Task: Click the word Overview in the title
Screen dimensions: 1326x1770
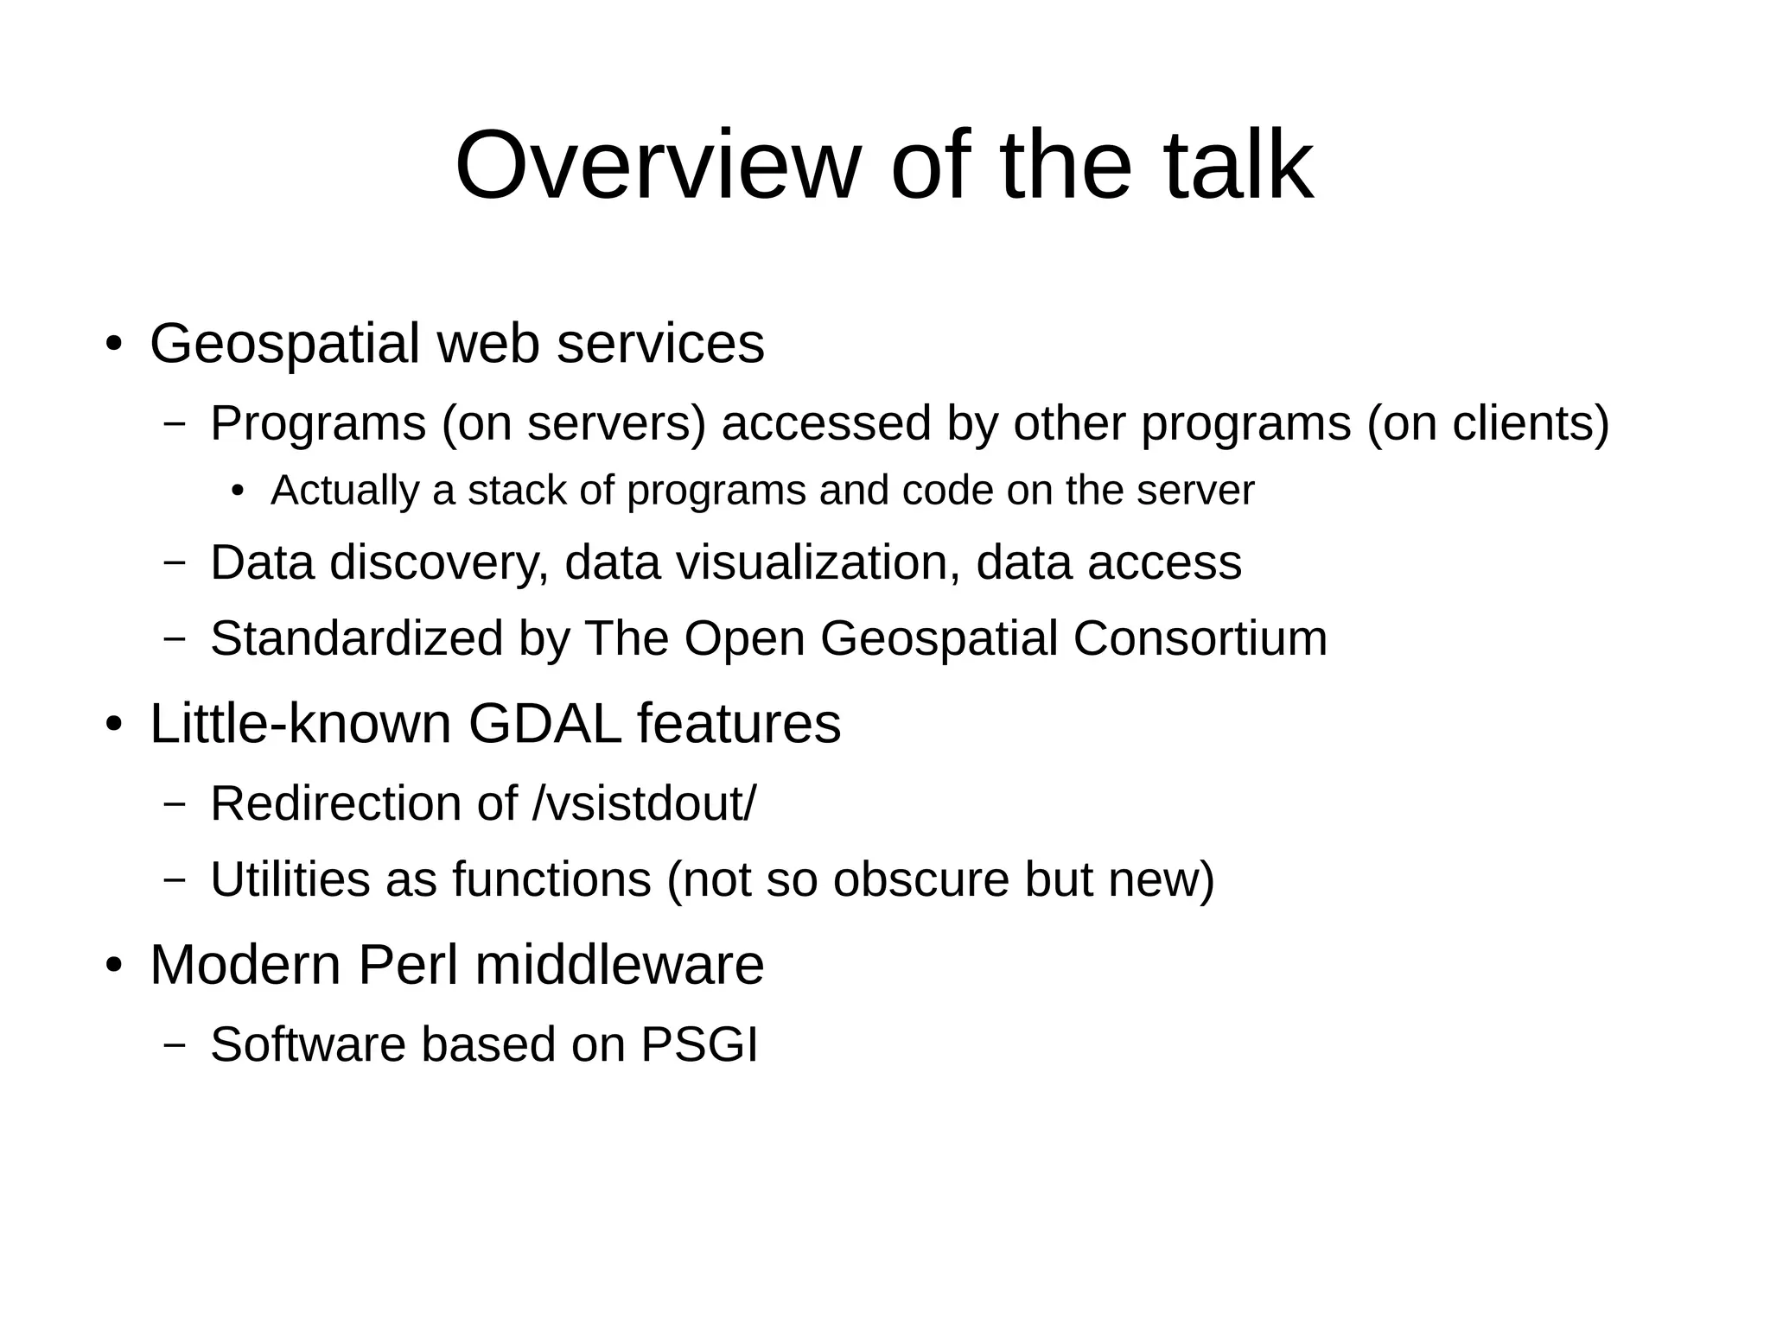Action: tap(658, 166)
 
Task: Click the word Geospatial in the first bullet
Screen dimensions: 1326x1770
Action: tap(284, 345)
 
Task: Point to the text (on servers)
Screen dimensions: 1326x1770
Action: tap(574, 424)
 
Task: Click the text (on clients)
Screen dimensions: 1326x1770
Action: tap(1487, 424)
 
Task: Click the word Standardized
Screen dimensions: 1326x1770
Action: tap(356, 639)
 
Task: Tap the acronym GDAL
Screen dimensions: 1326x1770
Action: tap(544, 724)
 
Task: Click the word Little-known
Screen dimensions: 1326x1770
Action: tap(300, 724)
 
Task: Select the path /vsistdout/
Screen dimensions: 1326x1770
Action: tap(644, 804)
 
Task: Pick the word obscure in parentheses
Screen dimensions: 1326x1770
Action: tap(920, 880)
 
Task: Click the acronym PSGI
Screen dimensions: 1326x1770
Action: tap(698, 1045)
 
